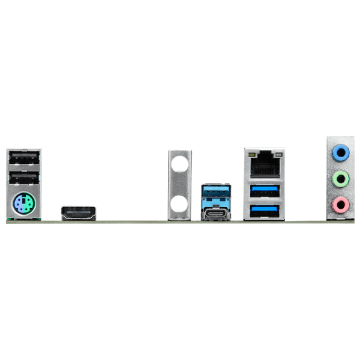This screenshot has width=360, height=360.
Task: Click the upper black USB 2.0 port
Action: pos(23,158)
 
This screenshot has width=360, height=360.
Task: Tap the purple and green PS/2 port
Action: pos(23,205)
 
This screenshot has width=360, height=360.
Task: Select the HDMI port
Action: pos(78,212)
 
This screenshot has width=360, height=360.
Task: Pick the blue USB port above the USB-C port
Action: pos(216,193)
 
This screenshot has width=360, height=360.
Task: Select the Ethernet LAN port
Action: pos(265,164)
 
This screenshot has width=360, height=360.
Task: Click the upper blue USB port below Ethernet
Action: pos(265,192)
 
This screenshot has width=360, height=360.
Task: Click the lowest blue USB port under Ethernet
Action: pos(265,211)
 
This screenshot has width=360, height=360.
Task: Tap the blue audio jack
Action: pos(341,152)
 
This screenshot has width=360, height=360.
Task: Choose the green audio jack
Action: pos(341,178)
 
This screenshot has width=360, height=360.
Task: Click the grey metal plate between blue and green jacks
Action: pos(340,166)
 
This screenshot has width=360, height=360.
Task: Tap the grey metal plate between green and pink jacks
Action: pos(340,191)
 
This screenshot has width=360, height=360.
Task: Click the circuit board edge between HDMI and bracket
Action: pos(132,221)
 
